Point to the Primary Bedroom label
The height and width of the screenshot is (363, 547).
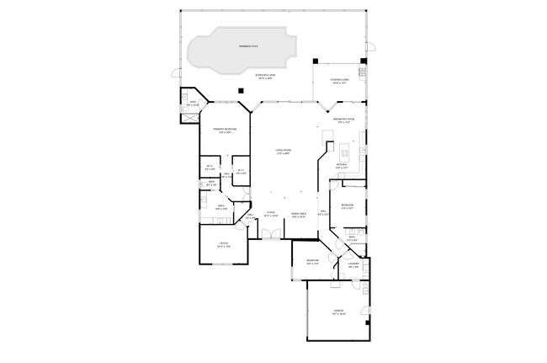pos(224,130)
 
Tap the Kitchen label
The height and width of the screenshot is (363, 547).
pos(342,166)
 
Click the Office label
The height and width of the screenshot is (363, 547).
pos(223,245)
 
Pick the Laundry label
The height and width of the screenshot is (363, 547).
pos(353,265)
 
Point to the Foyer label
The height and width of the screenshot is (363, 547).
pos(270,214)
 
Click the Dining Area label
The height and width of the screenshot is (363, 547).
pos(299,214)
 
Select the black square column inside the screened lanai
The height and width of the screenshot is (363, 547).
pos(240,90)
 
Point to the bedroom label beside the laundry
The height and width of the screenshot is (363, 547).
pos(311,261)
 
